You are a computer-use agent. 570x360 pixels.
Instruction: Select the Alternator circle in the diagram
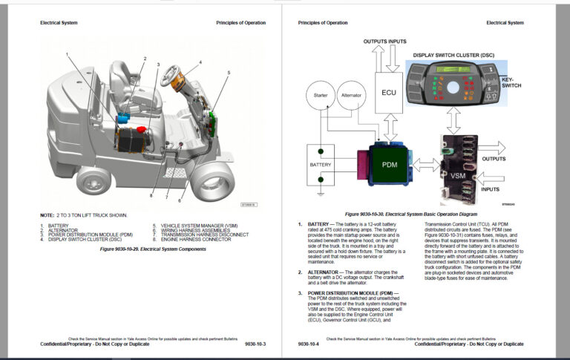coord(350,96)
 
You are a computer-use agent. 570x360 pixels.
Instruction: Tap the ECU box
coord(388,94)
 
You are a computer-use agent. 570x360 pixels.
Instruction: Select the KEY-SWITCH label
coord(511,85)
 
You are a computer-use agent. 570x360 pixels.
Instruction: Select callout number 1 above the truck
coord(66,54)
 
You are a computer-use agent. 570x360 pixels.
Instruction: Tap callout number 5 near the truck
coord(229,72)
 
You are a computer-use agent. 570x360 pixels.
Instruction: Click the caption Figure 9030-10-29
coord(152,249)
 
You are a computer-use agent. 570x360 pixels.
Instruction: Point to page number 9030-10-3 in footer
coord(255,344)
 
